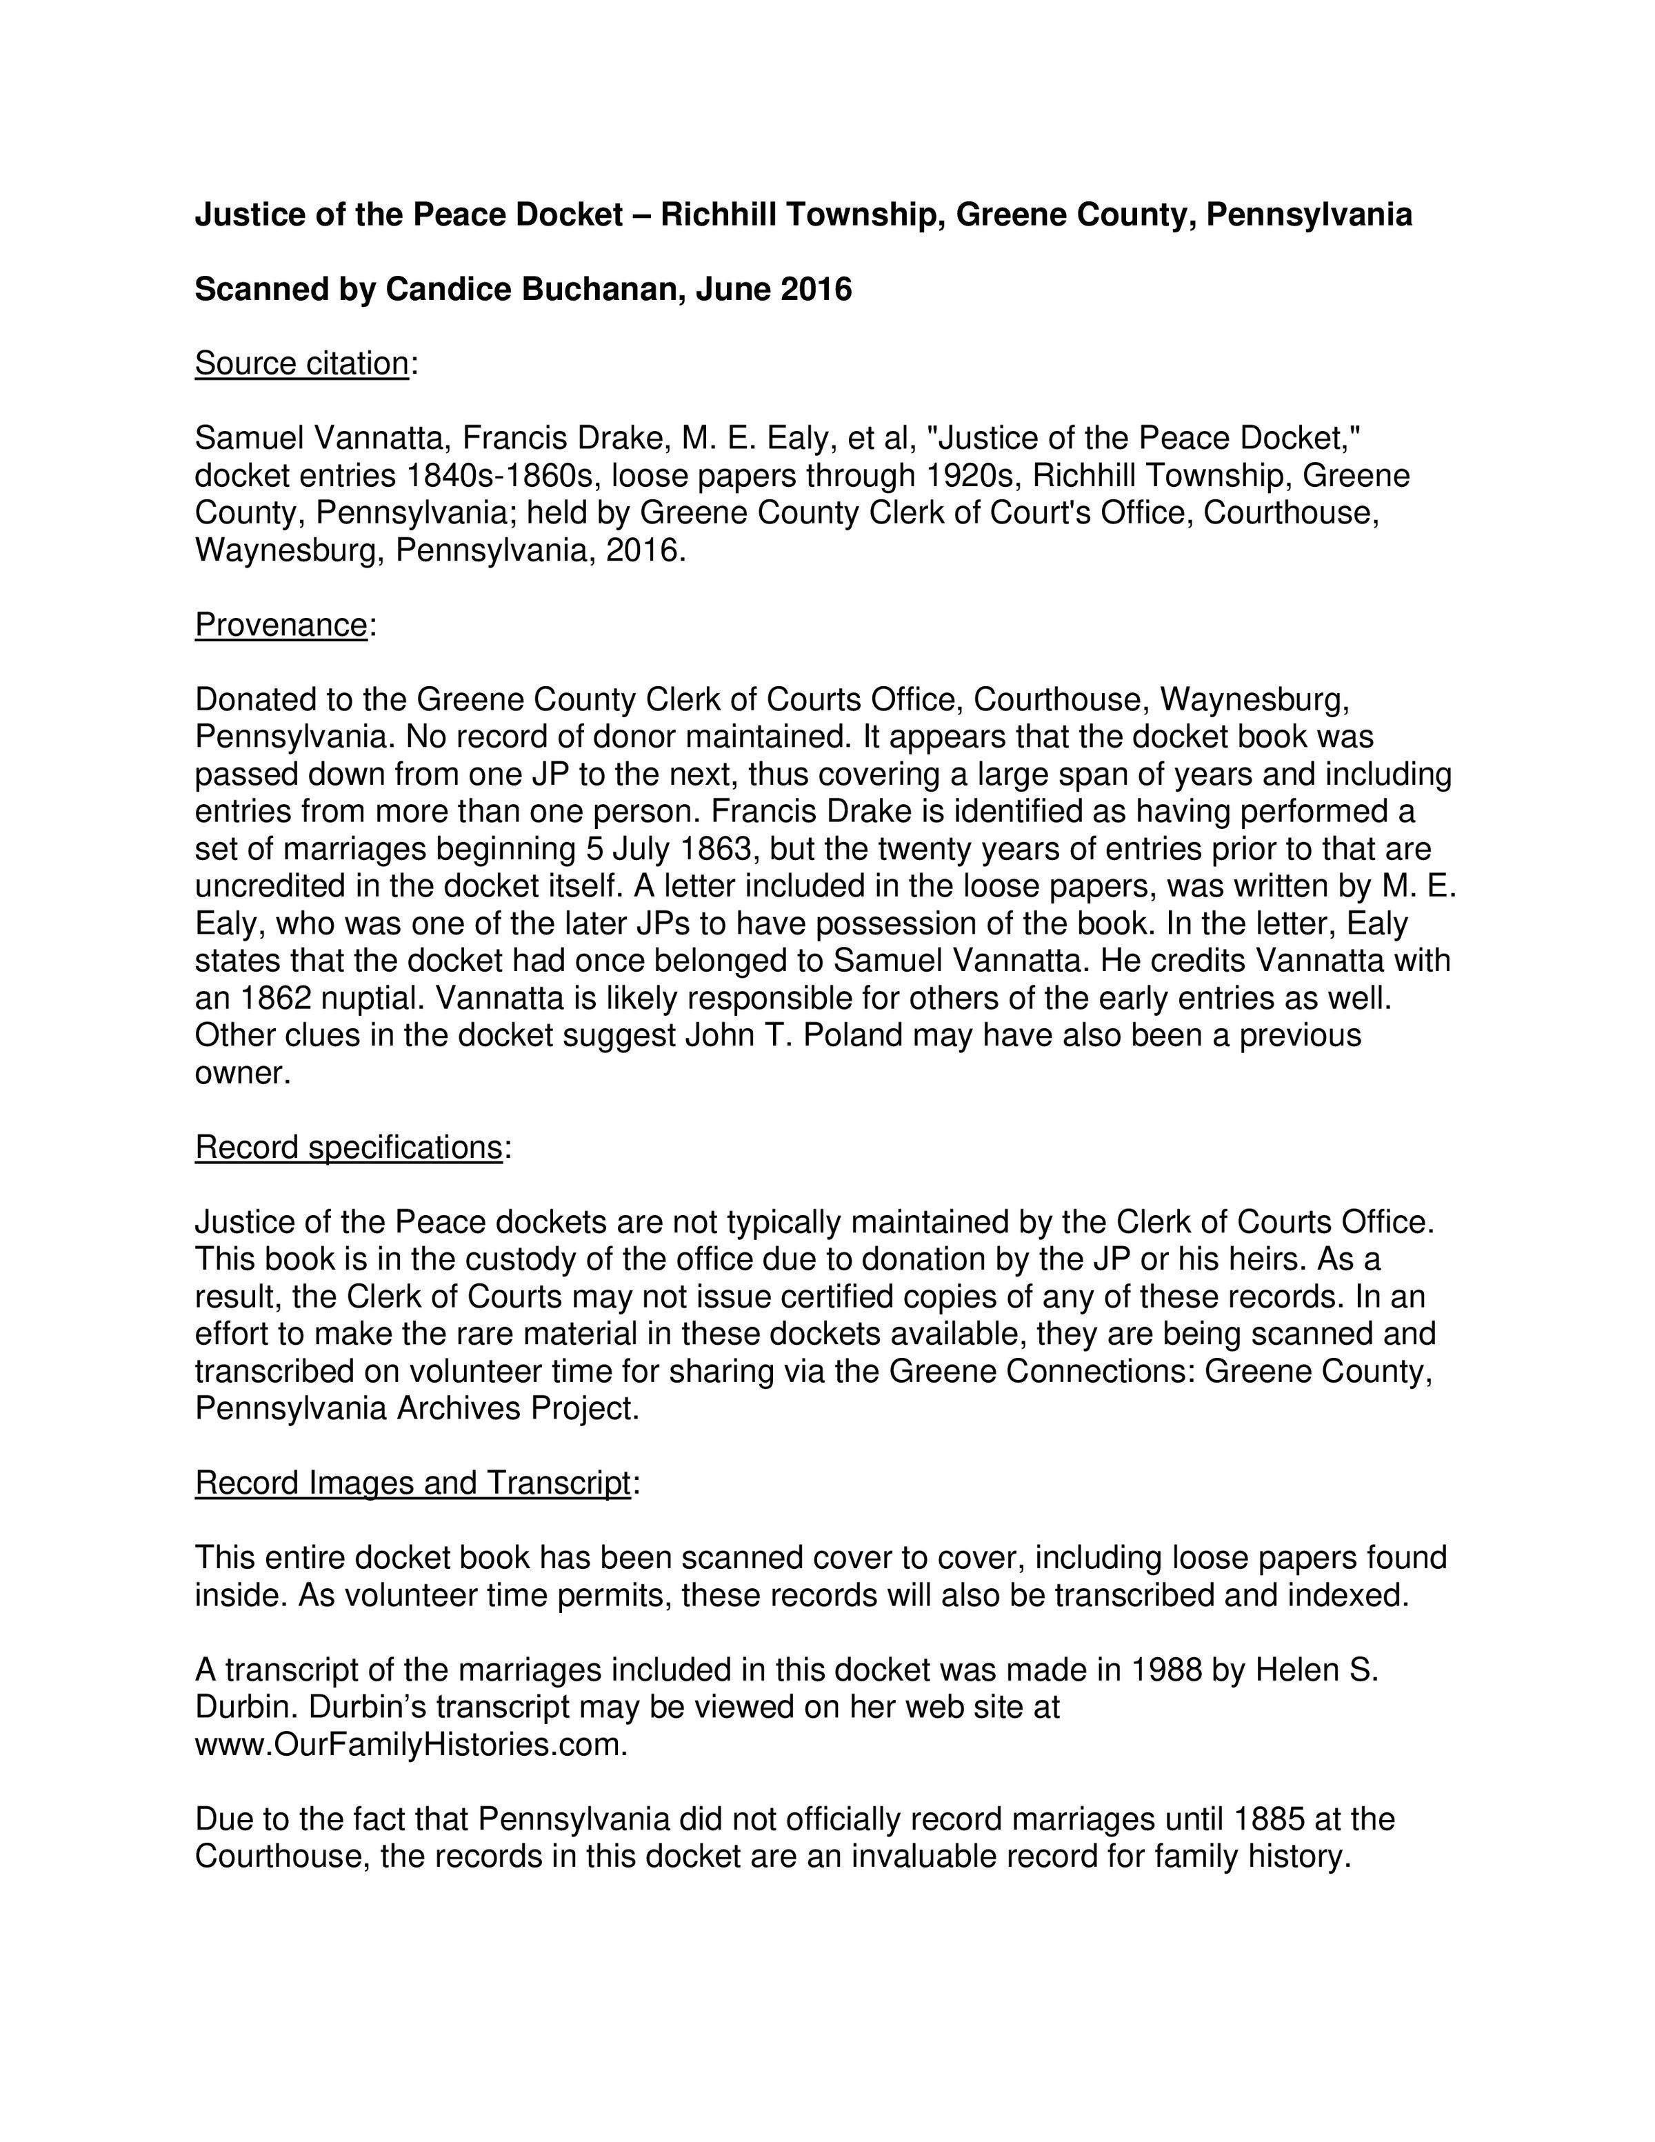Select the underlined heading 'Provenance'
(x=281, y=623)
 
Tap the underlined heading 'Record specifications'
(x=348, y=1147)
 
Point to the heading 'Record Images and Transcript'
(x=412, y=1483)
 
